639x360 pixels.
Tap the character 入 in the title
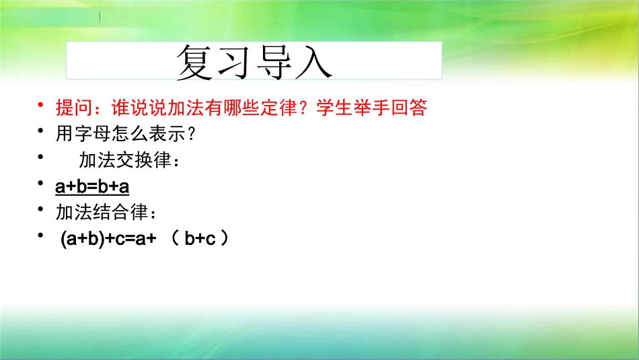(x=312, y=63)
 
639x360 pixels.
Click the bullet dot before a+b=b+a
(x=41, y=184)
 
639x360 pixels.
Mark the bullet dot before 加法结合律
(x=41, y=211)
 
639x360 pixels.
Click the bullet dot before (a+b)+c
(x=41, y=237)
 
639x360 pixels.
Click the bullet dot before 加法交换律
(x=41, y=158)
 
